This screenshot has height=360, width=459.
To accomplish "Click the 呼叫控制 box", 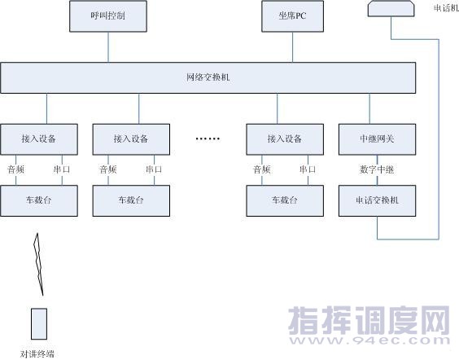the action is click(108, 16).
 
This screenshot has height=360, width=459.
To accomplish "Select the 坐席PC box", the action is click(292, 16).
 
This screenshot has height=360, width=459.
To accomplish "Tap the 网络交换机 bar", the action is click(208, 78).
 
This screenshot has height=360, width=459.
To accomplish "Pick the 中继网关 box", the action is click(377, 139).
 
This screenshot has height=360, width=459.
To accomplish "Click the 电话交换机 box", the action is click(377, 200).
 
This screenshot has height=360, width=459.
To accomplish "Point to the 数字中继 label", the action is click(377, 169).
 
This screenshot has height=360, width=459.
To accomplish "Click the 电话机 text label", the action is click(446, 8).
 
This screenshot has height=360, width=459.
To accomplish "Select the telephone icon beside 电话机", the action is click(391, 8).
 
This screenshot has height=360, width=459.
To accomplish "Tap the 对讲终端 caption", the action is click(37, 353).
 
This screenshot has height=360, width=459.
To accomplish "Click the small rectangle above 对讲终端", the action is click(39, 324).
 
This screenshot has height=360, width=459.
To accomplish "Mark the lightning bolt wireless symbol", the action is click(38, 264).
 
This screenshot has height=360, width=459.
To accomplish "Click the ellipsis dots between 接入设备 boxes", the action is click(208, 138).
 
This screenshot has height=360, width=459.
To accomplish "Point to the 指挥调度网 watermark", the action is click(369, 320).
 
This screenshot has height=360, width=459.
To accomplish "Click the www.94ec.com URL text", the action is click(369, 340).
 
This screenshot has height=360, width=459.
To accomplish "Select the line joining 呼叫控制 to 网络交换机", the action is click(108, 47).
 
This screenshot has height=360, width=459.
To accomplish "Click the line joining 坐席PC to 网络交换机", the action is click(293, 47).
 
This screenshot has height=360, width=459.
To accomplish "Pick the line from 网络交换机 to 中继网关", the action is click(369, 108).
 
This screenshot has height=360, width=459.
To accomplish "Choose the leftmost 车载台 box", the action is click(39, 200).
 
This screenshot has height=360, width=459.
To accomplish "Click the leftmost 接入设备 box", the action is click(39, 139).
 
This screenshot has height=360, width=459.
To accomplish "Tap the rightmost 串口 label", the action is click(308, 169).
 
